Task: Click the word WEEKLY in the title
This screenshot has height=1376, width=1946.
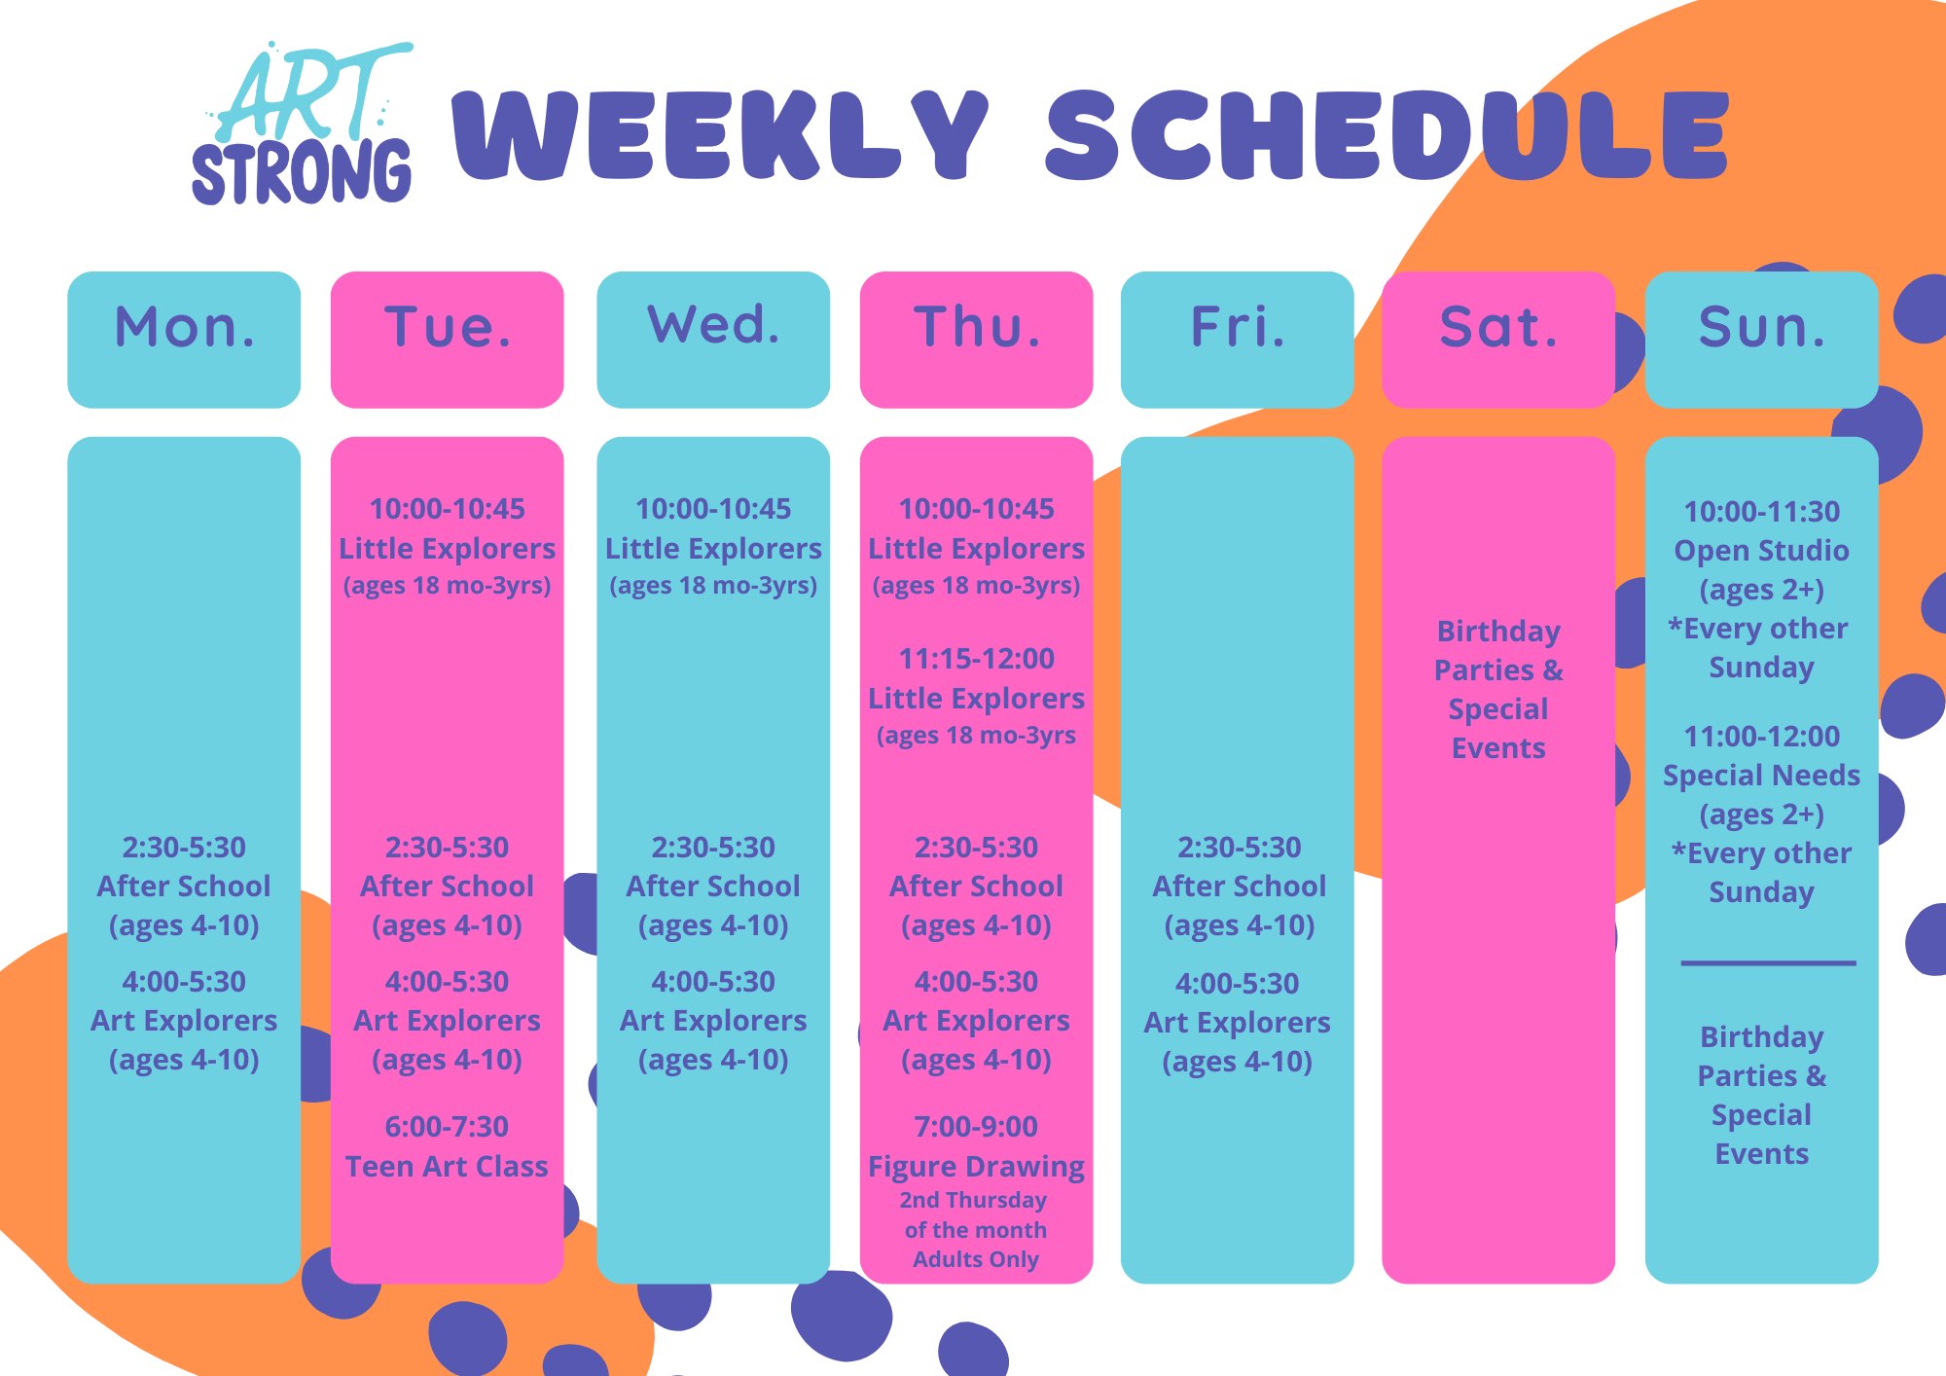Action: (x=721, y=135)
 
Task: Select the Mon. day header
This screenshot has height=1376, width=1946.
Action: (x=184, y=340)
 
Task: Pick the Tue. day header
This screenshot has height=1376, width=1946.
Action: (x=448, y=340)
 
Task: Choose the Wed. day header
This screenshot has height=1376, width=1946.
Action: (x=713, y=340)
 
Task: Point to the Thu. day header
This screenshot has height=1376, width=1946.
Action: (x=977, y=340)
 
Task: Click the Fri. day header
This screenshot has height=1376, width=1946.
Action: (x=1238, y=340)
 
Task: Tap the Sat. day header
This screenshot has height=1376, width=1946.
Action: (x=1498, y=340)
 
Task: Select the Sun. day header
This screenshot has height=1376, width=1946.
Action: (x=1762, y=340)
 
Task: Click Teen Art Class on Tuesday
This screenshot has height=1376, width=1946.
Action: (x=447, y=1166)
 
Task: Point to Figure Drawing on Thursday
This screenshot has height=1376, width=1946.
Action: (x=976, y=1167)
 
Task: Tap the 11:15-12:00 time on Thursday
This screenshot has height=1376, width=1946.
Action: (x=976, y=659)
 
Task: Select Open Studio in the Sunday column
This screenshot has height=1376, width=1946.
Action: (x=1761, y=551)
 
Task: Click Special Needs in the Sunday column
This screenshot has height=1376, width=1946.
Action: (x=1761, y=776)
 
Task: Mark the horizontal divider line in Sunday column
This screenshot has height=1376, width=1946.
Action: (x=1768, y=963)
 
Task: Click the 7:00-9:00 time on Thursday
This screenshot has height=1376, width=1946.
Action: (x=976, y=1127)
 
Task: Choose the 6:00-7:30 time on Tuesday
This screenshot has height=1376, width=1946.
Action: (x=447, y=1127)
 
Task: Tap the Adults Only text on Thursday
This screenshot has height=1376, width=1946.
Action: (x=976, y=1259)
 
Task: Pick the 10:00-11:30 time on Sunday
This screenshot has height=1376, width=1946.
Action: (x=1762, y=512)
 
